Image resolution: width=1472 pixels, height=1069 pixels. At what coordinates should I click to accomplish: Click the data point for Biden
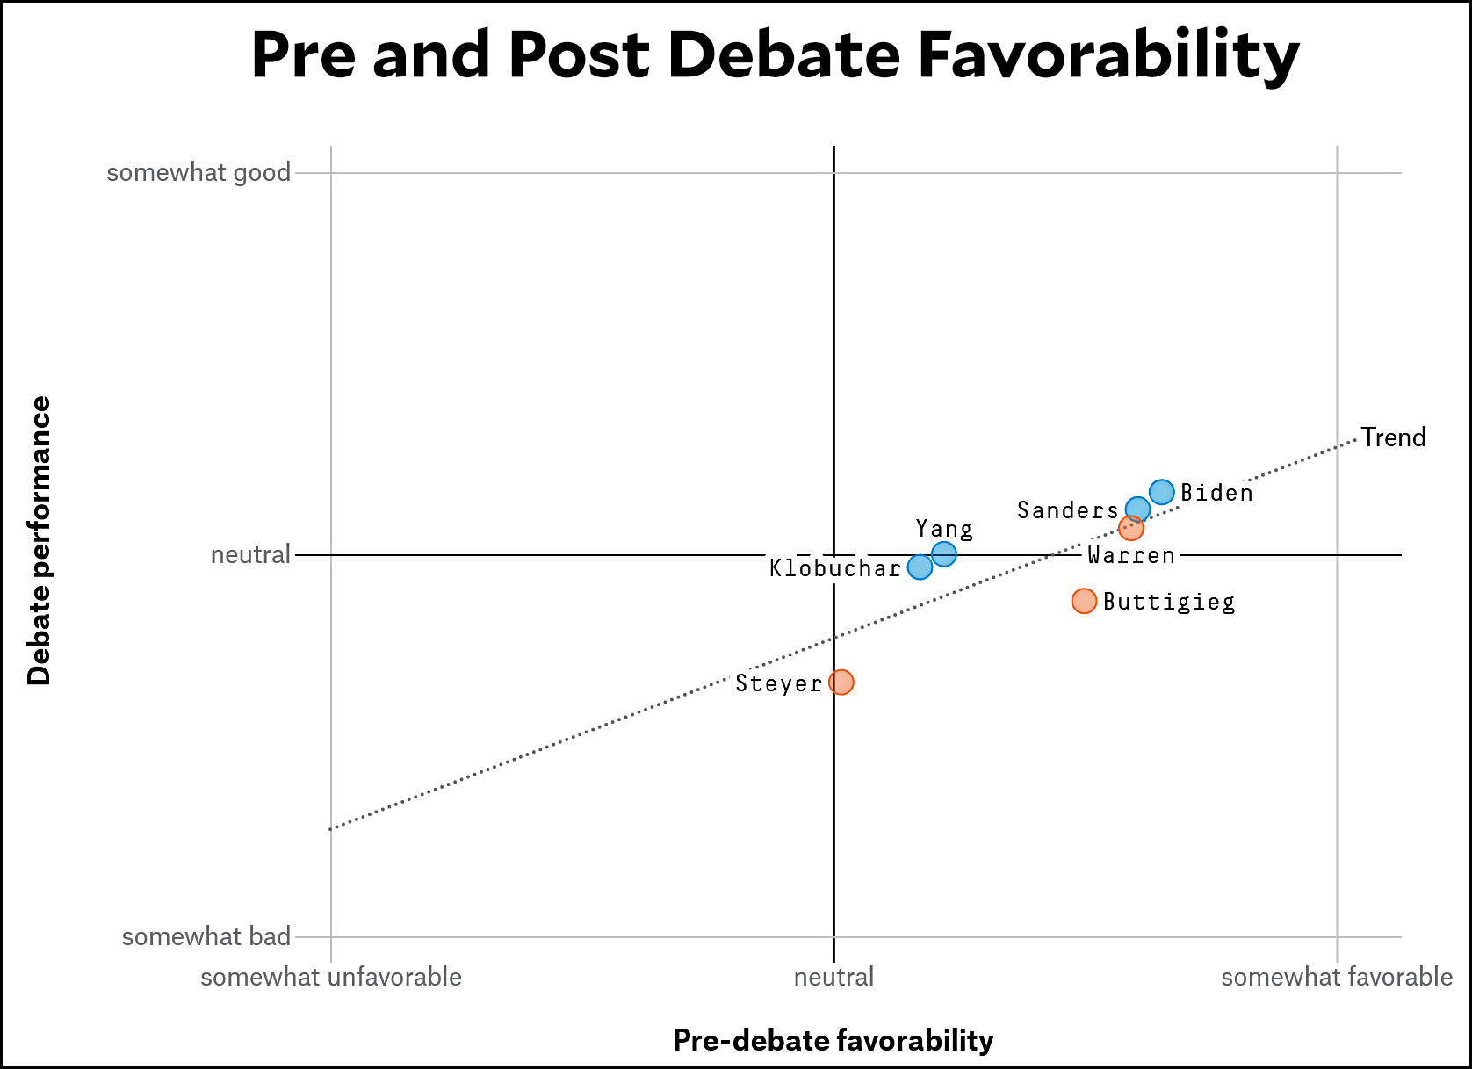pos(1161,492)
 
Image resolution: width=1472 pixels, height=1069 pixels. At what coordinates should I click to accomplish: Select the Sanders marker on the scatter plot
pos(1137,509)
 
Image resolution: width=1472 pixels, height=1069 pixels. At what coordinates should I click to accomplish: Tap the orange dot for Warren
pos(1131,528)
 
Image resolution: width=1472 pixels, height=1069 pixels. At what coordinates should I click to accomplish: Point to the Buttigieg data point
pos(1084,601)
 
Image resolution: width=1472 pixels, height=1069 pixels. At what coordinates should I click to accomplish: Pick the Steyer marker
pos(841,682)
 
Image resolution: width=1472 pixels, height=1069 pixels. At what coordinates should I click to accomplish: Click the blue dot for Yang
pos(943,553)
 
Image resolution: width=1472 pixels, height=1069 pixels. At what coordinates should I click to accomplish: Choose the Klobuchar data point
pos(920,567)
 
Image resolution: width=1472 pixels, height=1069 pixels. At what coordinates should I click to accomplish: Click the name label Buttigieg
pos(1169,602)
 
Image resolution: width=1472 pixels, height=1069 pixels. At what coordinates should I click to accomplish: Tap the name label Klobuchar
pos(835,568)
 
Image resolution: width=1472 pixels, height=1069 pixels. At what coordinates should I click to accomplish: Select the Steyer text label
pos(779,683)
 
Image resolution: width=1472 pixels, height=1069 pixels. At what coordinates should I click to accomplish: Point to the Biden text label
pos(1216,493)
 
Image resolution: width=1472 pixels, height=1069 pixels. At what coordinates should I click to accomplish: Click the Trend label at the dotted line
pos(1393,437)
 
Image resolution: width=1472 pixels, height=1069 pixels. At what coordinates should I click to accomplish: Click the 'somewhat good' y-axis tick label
pos(198,173)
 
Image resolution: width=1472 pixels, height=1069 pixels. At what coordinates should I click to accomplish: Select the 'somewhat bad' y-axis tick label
pos(206,937)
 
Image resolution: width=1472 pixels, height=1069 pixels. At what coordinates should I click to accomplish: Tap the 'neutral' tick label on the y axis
pos(250,555)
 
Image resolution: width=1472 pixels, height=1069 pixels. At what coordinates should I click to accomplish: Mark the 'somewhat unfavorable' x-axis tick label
pos(331,977)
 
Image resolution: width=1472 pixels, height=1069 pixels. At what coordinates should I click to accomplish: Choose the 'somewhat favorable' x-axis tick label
pos(1337,977)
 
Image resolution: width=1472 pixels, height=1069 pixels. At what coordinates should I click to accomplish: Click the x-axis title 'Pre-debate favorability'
pos(833,1040)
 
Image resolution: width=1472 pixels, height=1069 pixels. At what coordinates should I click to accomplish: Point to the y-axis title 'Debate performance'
pos(40,540)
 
